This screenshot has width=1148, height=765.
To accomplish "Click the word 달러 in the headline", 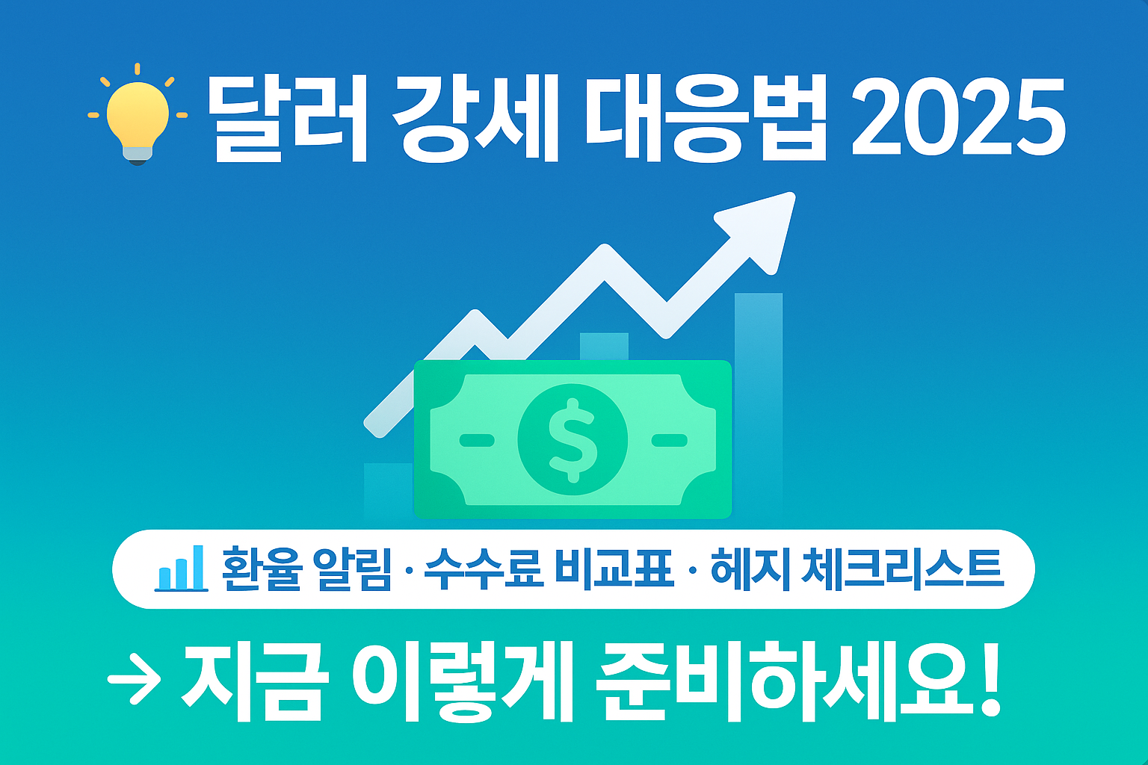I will coord(287,119).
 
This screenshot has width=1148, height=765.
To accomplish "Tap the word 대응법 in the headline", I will coord(706,119).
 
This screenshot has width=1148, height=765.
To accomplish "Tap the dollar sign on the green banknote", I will coord(573,439).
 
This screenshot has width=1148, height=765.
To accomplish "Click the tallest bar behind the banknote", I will coord(758,374).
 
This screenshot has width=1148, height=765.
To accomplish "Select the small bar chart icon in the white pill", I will coord(180,569).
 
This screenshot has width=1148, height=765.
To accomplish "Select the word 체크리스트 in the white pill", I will coord(901,569).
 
